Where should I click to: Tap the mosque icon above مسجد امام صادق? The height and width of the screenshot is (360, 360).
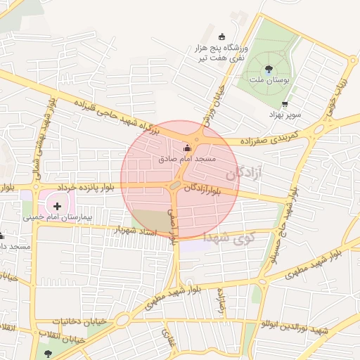(x=186, y=149)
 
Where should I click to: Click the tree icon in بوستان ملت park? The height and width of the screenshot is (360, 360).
(x=269, y=69)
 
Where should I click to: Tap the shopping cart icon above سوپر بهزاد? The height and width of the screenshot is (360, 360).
(x=284, y=104)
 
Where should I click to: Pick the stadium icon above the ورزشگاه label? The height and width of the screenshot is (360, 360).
(x=222, y=37)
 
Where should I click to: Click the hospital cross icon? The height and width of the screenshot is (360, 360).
(x=57, y=206)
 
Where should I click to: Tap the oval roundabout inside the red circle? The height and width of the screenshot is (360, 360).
(x=174, y=186)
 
